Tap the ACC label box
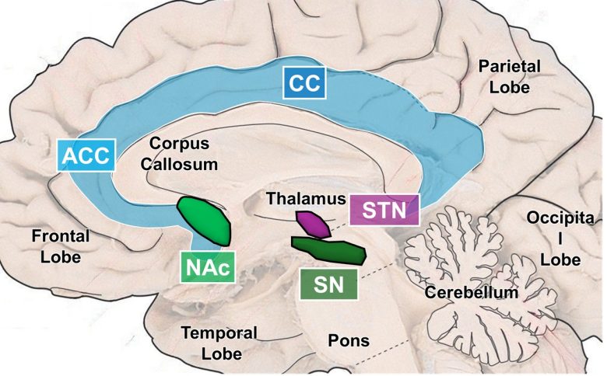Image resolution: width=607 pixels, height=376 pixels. (x=87, y=156)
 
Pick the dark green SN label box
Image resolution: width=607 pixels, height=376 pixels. (x=328, y=284)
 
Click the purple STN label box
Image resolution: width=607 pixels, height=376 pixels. (x=384, y=210)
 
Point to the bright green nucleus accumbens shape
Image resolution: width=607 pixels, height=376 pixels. (x=205, y=221)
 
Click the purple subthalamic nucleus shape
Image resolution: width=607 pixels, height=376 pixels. (x=311, y=223)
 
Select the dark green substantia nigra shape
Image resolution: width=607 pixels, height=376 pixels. (x=330, y=249)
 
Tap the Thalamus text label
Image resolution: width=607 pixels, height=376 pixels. (x=305, y=199)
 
